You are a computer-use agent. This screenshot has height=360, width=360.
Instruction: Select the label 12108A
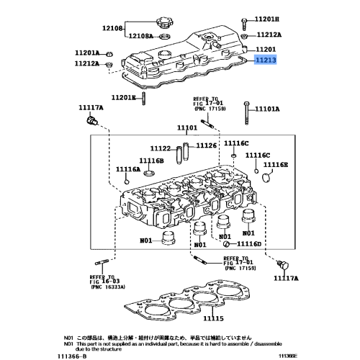pos(143,35)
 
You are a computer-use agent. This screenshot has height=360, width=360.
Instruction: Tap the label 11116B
pos(152,160)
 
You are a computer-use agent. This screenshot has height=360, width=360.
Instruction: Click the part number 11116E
pos(275,165)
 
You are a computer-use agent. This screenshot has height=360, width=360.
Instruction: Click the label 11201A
pos(87,53)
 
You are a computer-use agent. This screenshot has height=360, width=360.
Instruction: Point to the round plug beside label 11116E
pos(264,178)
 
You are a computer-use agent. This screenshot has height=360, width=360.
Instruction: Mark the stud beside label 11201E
pos(145,98)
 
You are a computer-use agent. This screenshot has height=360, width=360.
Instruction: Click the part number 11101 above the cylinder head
pos(187,127)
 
